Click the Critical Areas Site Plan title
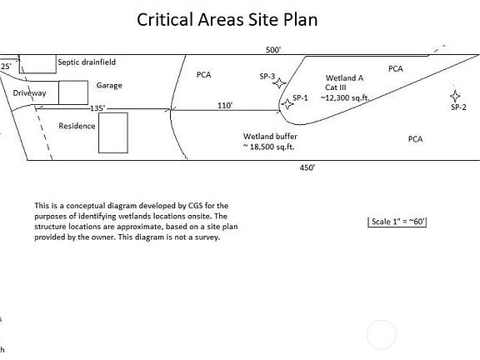[x=227, y=20]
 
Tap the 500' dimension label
[x=273, y=50]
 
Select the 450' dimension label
[x=307, y=167]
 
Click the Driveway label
[x=29, y=93]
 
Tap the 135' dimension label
[x=97, y=108]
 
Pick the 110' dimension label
[x=225, y=106]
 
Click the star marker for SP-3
[x=279, y=83]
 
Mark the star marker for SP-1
[x=287, y=104]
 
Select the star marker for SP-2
[x=455, y=96]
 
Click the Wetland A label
[x=344, y=78]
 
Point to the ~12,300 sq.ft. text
[x=345, y=98]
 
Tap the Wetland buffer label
[x=270, y=137]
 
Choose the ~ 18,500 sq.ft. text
[x=268, y=147]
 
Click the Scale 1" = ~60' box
[x=397, y=222]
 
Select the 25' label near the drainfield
[x=6, y=67]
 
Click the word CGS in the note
[x=195, y=205]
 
